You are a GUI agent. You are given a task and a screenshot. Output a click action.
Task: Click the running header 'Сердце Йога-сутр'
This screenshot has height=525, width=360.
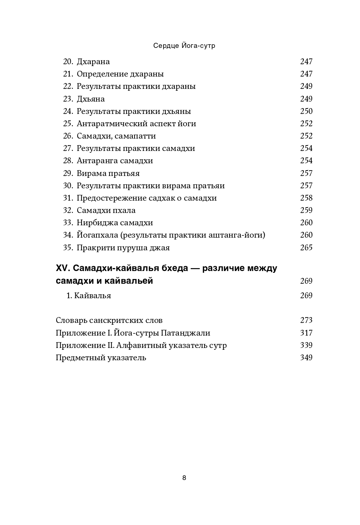pos(184,46)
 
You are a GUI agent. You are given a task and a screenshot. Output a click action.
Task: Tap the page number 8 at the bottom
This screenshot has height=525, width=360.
pos(184,478)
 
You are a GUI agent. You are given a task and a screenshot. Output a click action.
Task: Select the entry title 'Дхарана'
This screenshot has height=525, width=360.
pos(93,62)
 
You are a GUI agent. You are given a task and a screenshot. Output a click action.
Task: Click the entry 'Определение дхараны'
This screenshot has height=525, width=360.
pos(120,74)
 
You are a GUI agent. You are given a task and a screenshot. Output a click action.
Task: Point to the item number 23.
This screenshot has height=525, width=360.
pos(68,99)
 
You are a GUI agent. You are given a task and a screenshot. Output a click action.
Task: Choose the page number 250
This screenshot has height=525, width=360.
pos(306,111)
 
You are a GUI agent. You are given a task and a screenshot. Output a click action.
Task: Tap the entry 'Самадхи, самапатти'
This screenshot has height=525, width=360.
pos(116,136)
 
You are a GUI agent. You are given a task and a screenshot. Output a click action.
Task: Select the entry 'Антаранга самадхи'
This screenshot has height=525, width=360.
pos(115,161)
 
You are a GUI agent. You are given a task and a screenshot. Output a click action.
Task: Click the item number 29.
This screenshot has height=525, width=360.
pos(68,173)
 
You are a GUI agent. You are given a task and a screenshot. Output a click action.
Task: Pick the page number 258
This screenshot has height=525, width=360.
pos(306,198)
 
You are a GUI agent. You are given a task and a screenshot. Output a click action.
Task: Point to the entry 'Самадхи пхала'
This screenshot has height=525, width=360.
pos(106,210)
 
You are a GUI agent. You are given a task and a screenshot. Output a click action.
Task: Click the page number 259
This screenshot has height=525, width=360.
pos(306,210)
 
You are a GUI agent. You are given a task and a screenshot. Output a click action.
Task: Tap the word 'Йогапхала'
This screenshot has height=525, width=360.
pos(97,235)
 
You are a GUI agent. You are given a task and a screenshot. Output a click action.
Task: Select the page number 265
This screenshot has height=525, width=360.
pos(306,248)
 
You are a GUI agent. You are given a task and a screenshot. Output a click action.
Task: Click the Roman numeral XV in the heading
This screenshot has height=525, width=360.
pos(63,268)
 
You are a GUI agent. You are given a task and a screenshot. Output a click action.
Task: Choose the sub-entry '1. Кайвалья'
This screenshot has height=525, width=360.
pos(89,296)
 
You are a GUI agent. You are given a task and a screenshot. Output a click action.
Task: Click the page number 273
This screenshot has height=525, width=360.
pos(306,320)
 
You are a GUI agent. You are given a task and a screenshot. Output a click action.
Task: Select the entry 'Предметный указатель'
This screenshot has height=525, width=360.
pos(101,358)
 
